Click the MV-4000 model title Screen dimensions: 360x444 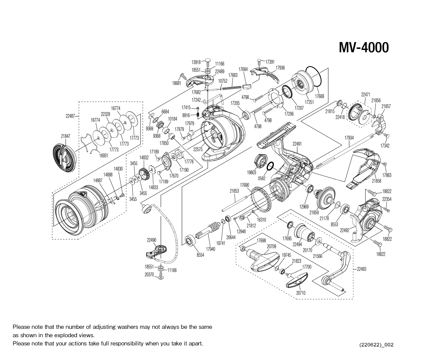pyautogui.click(x=364, y=47)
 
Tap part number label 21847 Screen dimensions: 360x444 pyautogui.click(x=66, y=136)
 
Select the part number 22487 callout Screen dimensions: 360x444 pyautogui.click(x=70, y=116)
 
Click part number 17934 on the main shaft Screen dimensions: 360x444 pyautogui.click(x=349, y=138)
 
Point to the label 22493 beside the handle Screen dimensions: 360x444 pyautogui.click(x=362, y=269)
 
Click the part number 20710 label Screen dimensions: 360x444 pyautogui.click(x=301, y=293)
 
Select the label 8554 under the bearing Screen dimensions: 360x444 pyautogui.click(x=200, y=255)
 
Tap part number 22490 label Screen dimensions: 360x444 pyautogui.click(x=151, y=240)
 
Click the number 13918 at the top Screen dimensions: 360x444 pyautogui.click(x=196, y=62)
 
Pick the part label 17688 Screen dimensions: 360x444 pyautogui.click(x=319, y=96)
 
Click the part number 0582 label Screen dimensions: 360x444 pyautogui.click(x=262, y=178)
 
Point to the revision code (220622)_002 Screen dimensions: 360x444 pyautogui.click(x=376, y=345)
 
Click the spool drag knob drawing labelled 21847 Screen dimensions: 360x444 pyautogui.click(x=64, y=157)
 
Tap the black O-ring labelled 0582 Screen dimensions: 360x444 pyautogui.click(x=270, y=166)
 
